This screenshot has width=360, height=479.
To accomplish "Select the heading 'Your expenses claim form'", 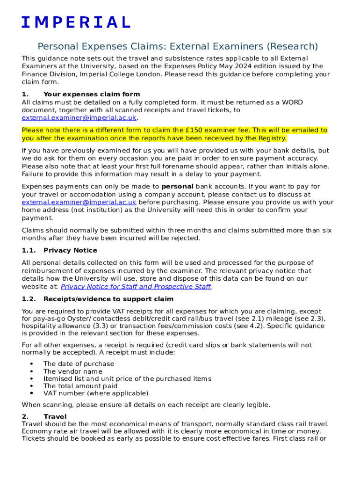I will tap(91, 94).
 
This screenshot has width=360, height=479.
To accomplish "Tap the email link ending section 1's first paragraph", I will tap(79, 118).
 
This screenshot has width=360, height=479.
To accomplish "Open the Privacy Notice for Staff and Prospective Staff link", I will tap(136, 286).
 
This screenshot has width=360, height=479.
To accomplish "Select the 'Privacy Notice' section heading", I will tap(70, 250).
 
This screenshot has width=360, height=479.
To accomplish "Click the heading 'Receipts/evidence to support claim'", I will tap(108, 299).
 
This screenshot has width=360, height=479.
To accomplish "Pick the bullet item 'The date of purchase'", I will tap(79, 363).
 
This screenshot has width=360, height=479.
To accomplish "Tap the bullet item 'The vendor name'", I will tap(72, 371).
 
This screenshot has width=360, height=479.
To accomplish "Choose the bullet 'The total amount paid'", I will tap(80, 386).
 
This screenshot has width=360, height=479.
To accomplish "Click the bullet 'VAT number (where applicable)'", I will tap(95, 393).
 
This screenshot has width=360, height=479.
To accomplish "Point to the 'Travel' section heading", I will tap(55, 416).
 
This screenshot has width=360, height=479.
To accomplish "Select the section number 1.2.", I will tap(29, 299).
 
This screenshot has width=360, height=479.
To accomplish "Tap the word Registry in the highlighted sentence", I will tap(272, 138).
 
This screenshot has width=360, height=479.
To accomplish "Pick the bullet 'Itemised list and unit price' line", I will tap(127, 378).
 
